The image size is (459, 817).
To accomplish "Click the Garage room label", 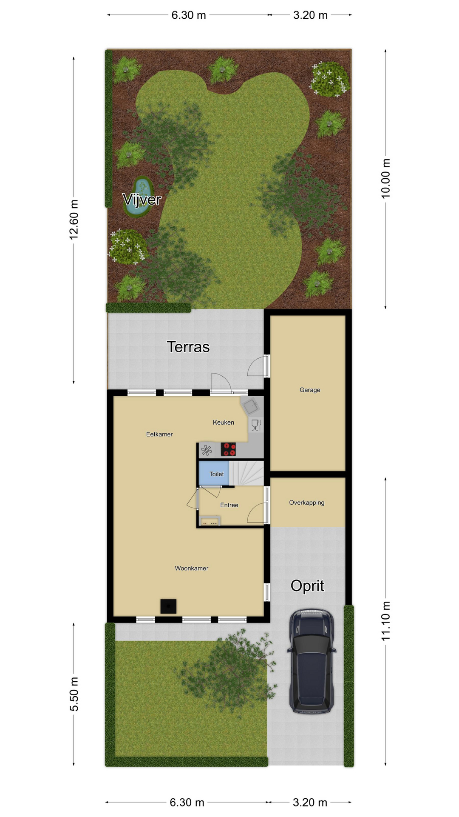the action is pos(309,390).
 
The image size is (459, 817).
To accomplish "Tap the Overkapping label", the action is pos(306,503).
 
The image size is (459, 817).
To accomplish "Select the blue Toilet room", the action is pos(214,473).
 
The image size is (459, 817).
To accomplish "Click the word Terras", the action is pos(188,347).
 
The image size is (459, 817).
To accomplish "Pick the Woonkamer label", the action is pos(191,568).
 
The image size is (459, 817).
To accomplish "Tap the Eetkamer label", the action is pos(159,434).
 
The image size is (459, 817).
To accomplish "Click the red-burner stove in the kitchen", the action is pos(228,449).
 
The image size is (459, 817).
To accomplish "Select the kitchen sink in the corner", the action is pos(250,406).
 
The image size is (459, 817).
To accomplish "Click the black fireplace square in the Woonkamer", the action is pos(168,606).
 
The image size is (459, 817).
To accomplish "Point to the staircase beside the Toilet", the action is pos(246,473).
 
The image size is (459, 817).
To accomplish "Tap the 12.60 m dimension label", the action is pos(74,220).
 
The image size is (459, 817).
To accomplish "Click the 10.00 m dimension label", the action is pos(385,178).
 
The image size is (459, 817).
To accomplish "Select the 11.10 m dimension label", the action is pos(385,621).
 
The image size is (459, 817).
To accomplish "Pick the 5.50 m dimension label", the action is pos(74,694).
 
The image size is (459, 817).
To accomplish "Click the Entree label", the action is pos(229,505).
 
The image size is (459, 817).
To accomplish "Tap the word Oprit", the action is pos(307,586).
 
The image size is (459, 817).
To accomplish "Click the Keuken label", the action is pos(224,422).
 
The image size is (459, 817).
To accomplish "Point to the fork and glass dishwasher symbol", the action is pos(256,425).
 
